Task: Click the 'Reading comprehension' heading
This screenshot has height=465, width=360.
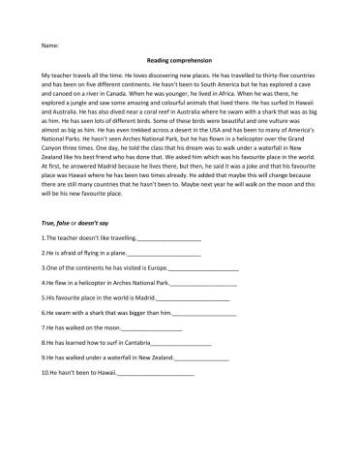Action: click(180, 59)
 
